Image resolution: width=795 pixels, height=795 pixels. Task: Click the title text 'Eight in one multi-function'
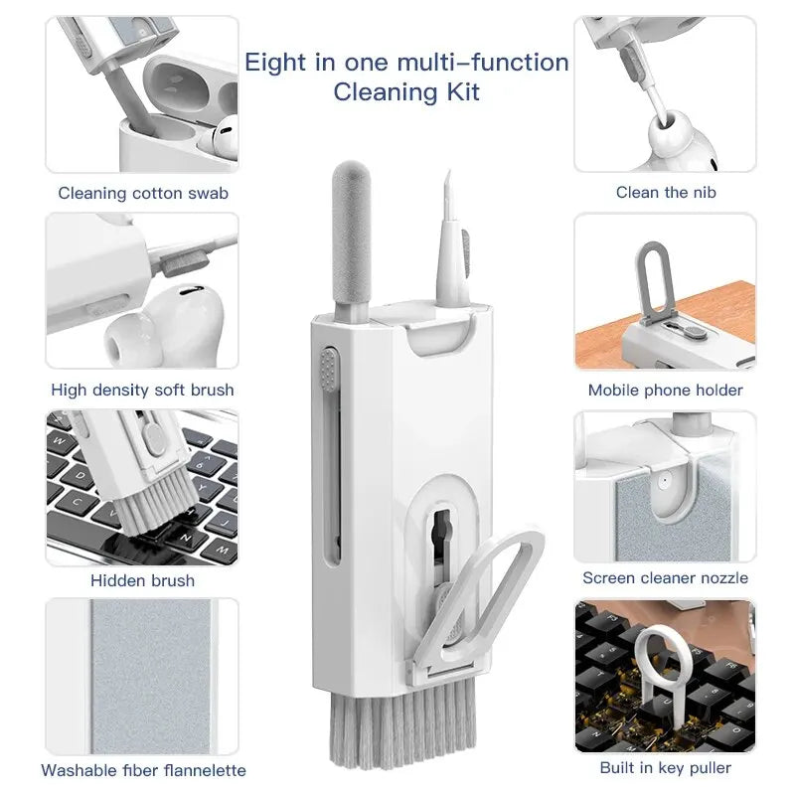point(406,63)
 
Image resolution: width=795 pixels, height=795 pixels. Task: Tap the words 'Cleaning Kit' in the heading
point(406,92)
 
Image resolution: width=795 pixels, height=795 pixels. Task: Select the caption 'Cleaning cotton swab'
point(143,193)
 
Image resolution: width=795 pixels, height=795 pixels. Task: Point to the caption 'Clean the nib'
point(666,192)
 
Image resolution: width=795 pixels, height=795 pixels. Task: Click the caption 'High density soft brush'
point(142,390)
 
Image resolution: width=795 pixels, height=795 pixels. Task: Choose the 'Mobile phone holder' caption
point(666,390)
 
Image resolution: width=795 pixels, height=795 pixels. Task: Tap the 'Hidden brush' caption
point(142,579)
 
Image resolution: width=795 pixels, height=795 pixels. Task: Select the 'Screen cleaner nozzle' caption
point(666,577)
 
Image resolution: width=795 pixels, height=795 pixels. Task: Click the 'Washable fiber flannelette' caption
point(143,769)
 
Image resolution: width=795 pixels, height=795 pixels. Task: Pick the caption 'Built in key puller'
point(666,767)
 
